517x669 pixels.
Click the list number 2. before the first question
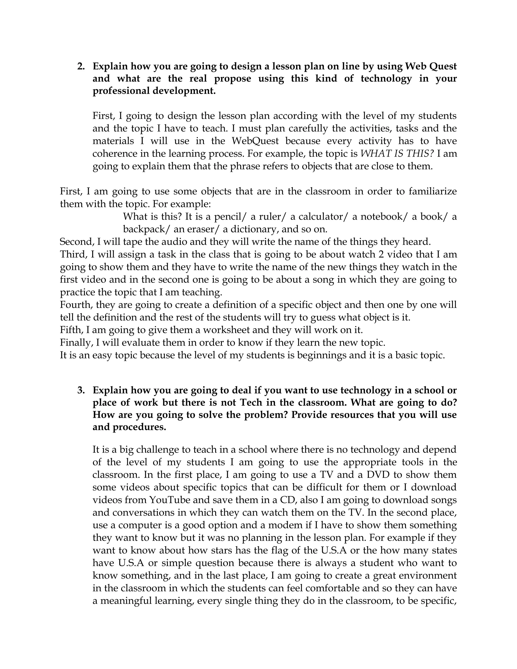click(81, 66)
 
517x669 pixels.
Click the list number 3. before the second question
click(81, 390)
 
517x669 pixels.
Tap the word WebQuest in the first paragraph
click(255, 141)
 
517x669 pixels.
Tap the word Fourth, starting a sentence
click(76, 305)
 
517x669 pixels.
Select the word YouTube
click(170, 500)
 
